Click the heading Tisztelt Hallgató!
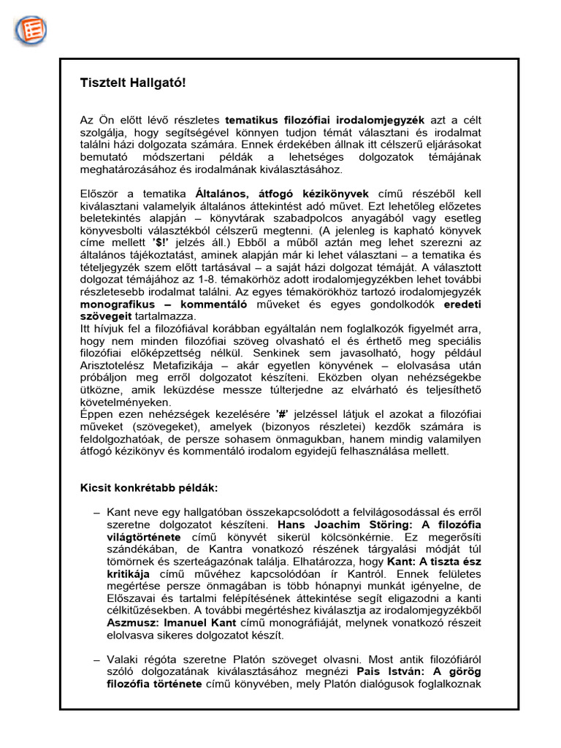[133, 83]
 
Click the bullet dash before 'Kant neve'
[96, 512]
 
